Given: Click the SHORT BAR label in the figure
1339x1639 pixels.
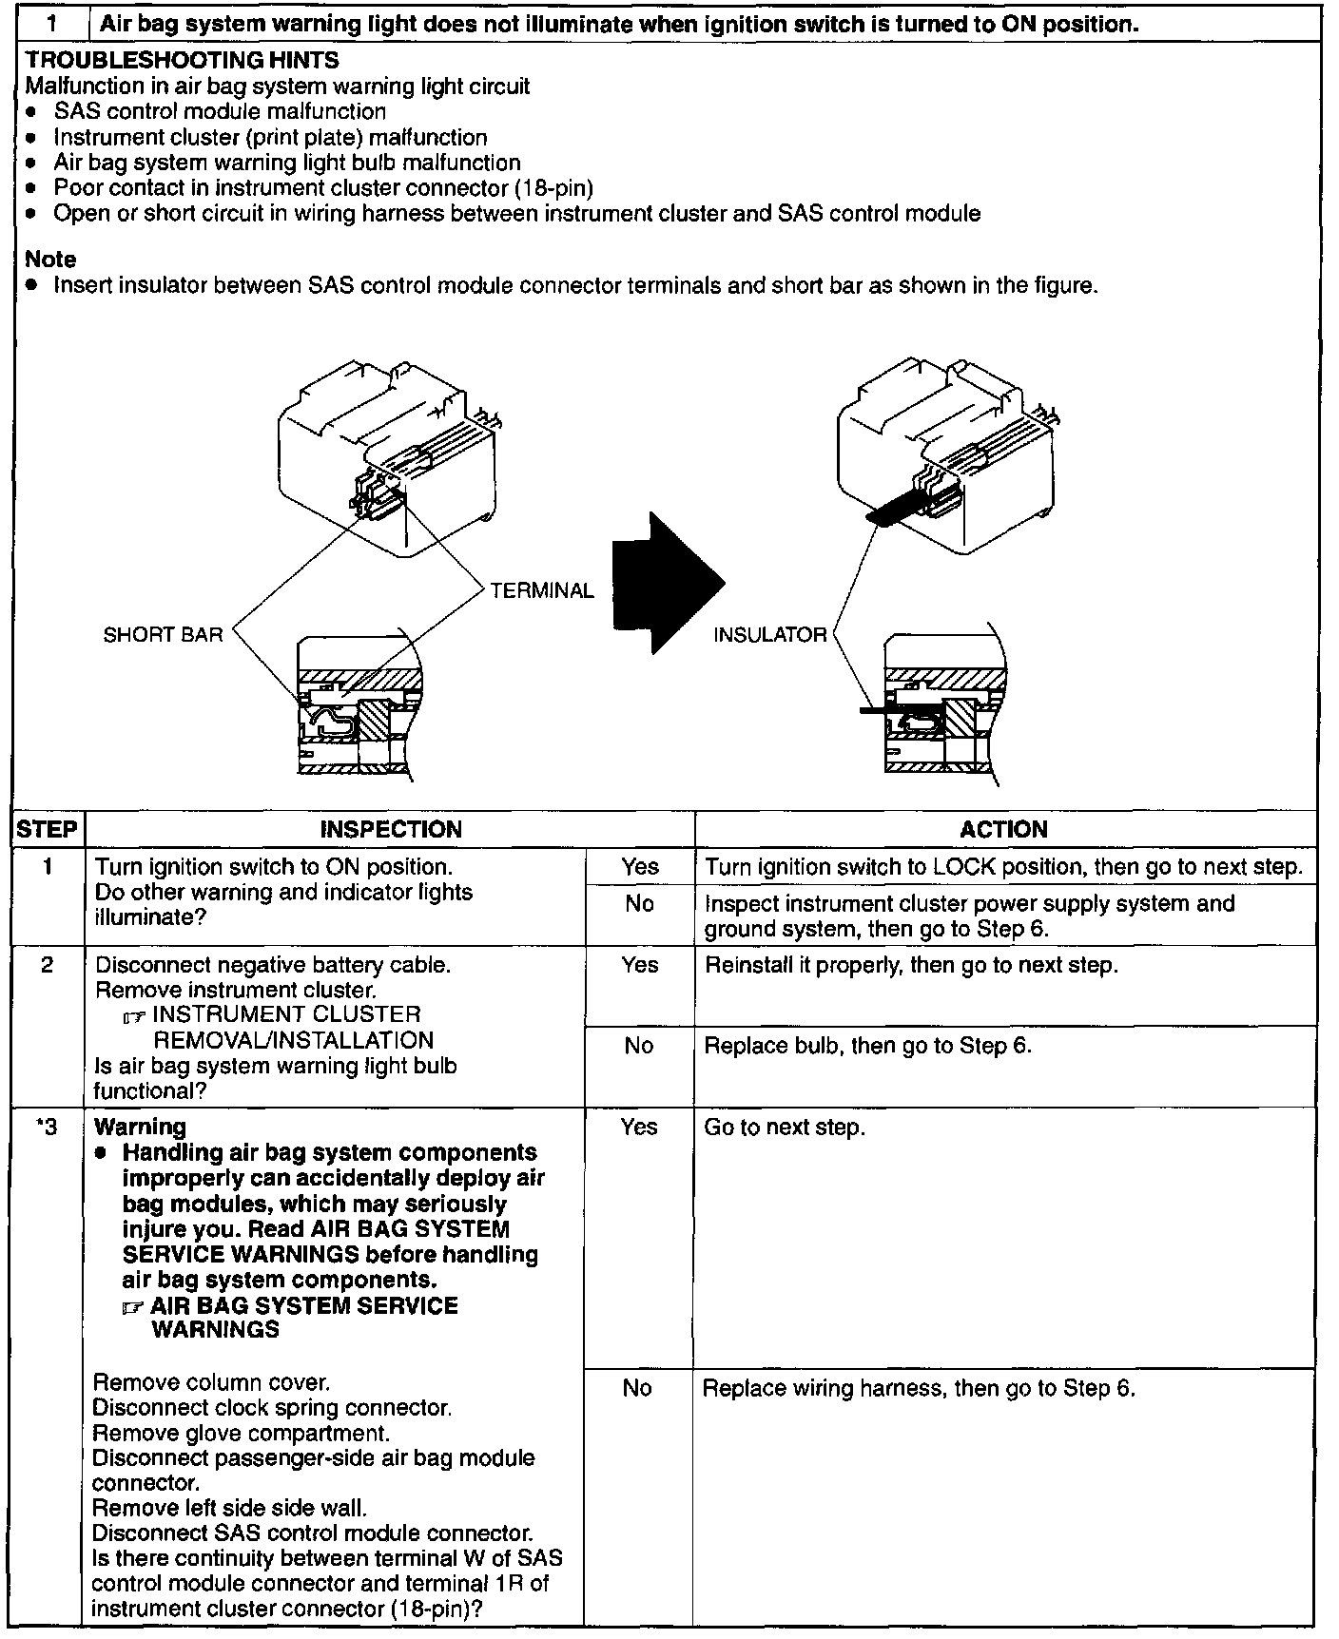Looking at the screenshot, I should (163, 634).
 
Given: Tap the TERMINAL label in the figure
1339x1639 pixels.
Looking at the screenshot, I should (542, 590).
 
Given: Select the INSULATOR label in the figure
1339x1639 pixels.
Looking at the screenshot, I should (770, 634).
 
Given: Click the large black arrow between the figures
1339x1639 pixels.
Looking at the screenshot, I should (666, 584).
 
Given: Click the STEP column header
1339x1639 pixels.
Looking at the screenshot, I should (48, 829).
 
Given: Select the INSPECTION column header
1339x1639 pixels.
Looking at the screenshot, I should (391, 829).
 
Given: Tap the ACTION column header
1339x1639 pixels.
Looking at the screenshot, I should (1003, 829).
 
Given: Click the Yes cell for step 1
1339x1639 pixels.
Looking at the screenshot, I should (640, 866).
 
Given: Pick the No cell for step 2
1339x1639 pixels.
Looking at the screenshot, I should (639, 1046).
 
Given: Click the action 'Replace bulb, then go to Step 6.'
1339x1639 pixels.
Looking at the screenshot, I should (867, 1046).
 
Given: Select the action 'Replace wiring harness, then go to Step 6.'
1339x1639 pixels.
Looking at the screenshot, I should (919, 1388).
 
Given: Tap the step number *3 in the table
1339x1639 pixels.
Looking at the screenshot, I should (48, 1127).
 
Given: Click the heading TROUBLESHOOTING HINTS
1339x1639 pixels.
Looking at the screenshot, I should (182, 60).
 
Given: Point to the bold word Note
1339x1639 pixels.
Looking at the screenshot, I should (50, 259).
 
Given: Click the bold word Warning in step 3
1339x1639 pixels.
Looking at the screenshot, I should (140, 1127).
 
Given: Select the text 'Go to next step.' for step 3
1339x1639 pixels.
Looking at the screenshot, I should (785, 1128).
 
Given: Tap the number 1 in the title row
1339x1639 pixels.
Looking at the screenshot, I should (53, 24).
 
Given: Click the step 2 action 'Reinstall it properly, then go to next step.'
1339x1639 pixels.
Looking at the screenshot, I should (911, 965).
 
